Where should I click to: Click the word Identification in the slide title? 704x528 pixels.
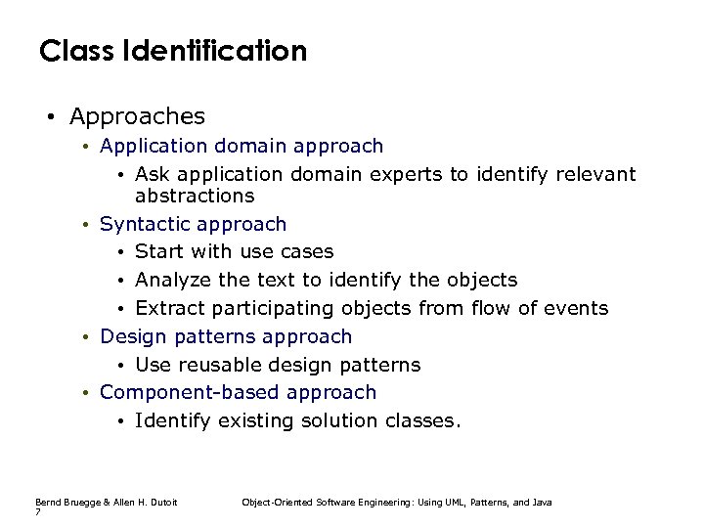(x=209, y=50)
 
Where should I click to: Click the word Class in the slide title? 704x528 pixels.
(x=71, y=50)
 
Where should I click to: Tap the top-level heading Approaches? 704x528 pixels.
(x=137, y=116)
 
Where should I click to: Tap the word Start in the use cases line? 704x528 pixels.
(x=160, y=252)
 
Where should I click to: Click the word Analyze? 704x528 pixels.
(x=173, y=281)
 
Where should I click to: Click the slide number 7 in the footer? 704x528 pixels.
(x=37, y=511)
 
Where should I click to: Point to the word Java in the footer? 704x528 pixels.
(x=542, y=502)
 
